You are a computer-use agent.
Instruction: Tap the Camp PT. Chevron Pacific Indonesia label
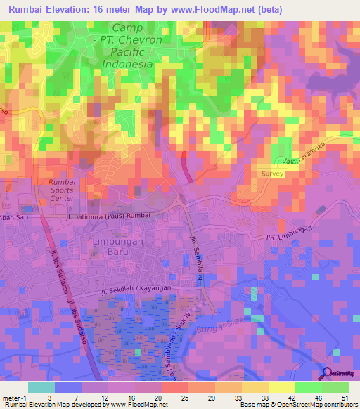click(x=117, y=45)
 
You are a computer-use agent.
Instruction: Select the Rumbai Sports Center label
click(x=62, y=190)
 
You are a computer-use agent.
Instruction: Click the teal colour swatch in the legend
click(x=41, y=387)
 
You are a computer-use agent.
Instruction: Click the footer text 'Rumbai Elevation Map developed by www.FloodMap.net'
click(x=86, y=405)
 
